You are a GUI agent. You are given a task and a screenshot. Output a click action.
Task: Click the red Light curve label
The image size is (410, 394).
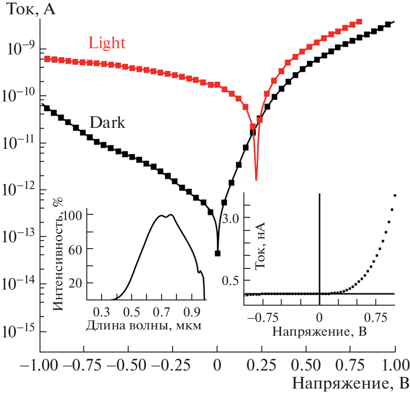click(x=107, y=43)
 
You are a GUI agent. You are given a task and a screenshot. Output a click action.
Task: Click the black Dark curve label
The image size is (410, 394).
click(x=107, y=122)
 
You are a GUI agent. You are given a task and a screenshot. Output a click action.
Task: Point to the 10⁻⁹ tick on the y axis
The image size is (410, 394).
click(x=20, y=49)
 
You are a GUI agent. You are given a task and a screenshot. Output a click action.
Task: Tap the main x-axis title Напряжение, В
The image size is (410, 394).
click(x=350, y=383)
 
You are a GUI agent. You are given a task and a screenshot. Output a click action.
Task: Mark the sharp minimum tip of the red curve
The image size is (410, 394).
click(x=256, y=180)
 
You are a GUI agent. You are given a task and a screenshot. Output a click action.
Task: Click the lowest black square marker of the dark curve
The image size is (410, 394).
click(x=218, y=253)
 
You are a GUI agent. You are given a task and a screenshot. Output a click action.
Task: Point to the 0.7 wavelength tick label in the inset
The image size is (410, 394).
click(x=162, y=312)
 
